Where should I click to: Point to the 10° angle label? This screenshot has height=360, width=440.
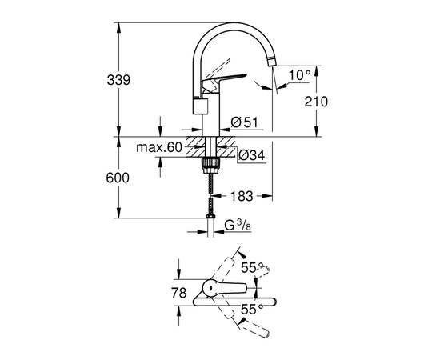coord(297,74)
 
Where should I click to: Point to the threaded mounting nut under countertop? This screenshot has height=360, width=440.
coord(211,163)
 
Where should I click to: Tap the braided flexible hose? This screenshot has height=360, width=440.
coord(211,192)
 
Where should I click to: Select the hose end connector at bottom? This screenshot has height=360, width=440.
coord(211,218)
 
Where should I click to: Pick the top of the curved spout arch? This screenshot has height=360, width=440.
coord(232,27)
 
